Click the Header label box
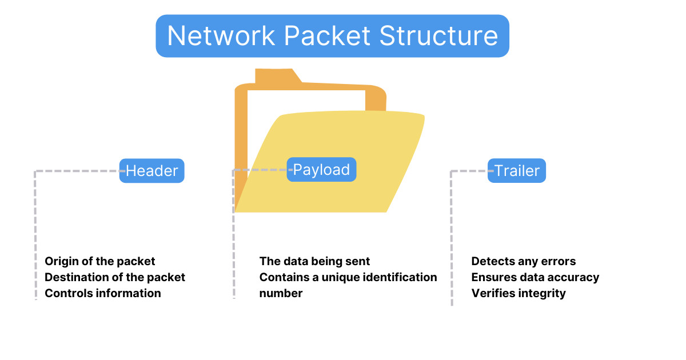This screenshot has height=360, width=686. tap(151, 171)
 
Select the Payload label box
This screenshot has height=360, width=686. tap(321, 170)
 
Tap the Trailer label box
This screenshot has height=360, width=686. tap(517, 171)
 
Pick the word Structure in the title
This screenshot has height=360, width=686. tap(438, 36)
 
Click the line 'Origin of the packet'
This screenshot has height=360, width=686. tap(100, 261)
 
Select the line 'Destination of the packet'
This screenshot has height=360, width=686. tap(115, 277)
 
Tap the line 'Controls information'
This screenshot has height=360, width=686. tap(103, 293)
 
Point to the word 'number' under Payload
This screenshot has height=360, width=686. tap(281, 293)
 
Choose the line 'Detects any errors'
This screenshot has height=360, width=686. tap(523, 261)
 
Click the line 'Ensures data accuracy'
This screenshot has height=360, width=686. tap(535, 277)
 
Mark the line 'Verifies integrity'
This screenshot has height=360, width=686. tap(519, 293)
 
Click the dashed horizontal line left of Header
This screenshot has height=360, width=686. tap(77, 171)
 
